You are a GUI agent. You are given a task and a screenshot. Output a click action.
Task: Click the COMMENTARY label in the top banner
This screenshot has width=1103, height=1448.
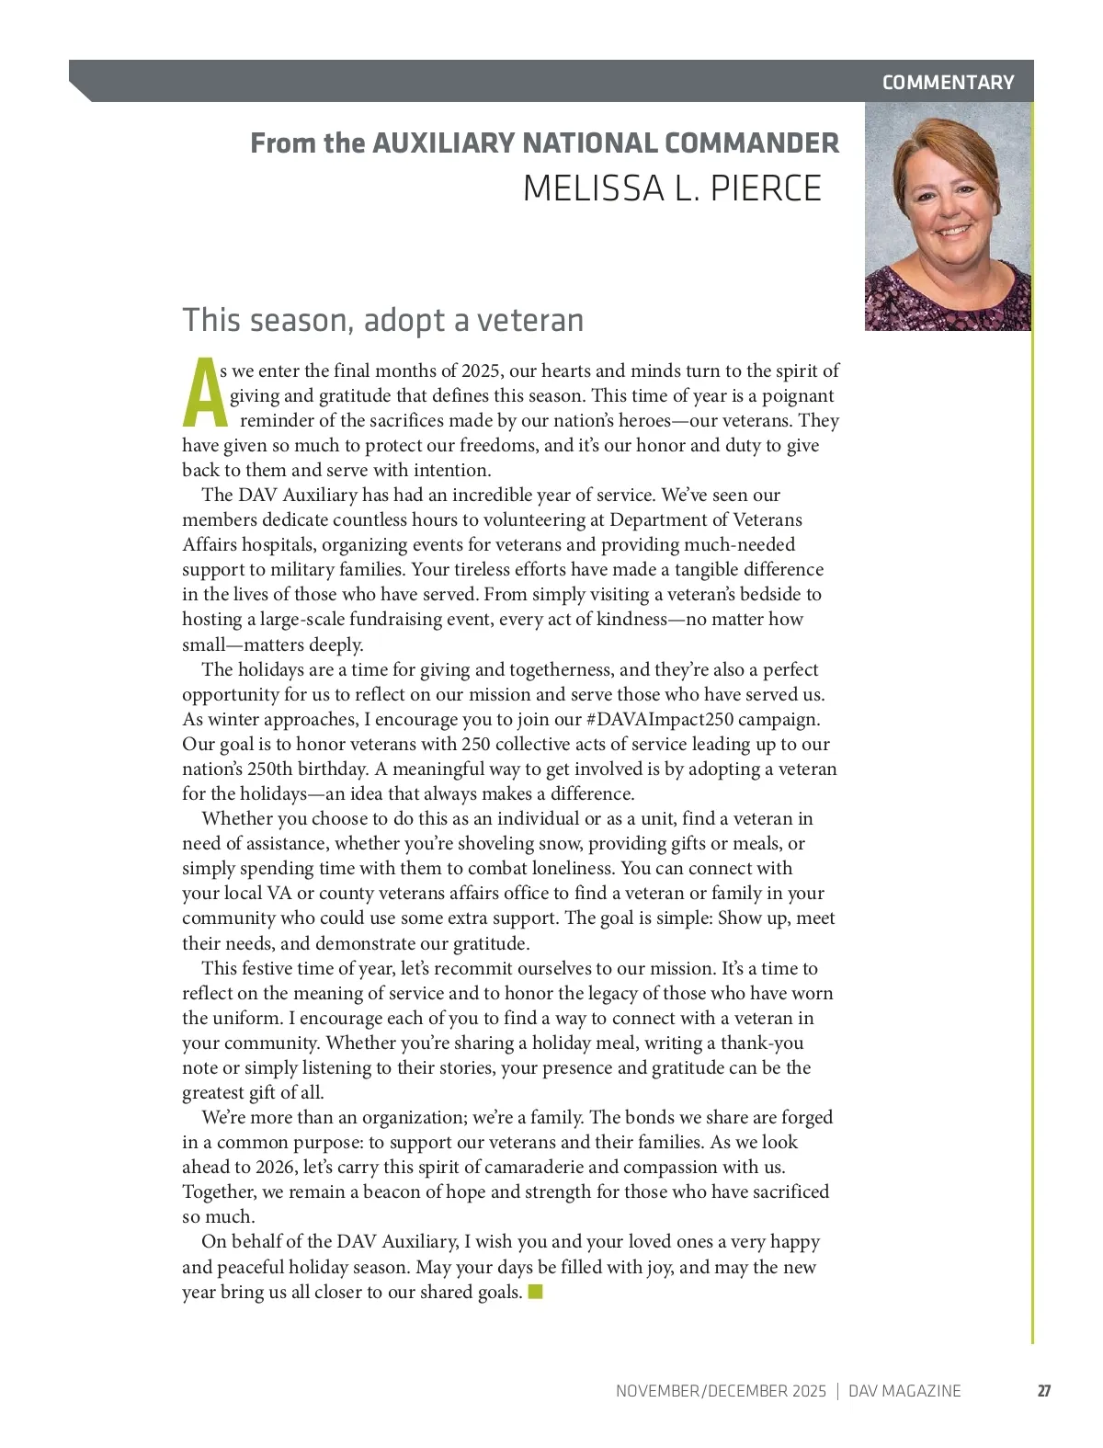[x=948, y=83]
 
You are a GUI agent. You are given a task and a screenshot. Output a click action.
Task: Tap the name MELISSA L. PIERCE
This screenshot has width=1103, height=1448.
[x=672, y=188]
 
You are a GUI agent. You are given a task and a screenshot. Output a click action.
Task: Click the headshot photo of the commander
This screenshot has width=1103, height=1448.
[x=948, y=216]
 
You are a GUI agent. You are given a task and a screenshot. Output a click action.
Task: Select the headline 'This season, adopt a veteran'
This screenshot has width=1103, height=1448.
[x=383, y=320]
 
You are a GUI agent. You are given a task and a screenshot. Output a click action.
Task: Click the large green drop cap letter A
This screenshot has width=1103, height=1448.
[x=203, y=394]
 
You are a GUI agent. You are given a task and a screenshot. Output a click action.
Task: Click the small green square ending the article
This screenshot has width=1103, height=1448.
[x=536, y=1292]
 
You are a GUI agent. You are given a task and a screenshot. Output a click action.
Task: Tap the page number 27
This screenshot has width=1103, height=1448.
[x=1044, y=1391]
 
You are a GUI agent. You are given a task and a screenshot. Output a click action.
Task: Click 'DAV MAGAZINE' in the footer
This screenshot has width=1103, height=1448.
[x=904, y=1391]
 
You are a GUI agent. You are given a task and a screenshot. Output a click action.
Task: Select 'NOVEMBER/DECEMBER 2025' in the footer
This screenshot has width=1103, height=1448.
[x=721, y=1391]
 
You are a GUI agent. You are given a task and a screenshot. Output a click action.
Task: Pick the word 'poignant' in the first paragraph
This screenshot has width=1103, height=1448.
[x=796, y=396]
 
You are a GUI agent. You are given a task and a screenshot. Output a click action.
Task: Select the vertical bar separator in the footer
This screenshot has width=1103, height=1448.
[x=837, y=1391]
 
